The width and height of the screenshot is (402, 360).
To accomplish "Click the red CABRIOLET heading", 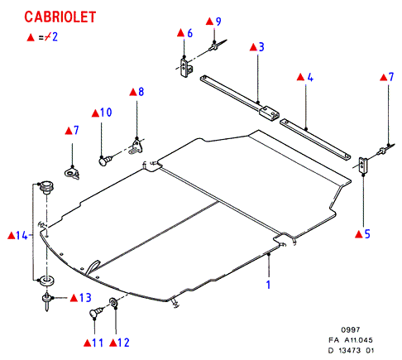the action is click(60, 17).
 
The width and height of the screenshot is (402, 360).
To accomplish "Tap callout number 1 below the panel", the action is click(268, 285).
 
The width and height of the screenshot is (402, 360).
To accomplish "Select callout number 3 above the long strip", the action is click(261, 47).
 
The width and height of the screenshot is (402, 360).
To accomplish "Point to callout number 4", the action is click(310, 77).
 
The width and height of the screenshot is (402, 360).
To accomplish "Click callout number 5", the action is click(367, 234).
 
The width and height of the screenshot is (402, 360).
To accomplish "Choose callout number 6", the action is click(189, 33).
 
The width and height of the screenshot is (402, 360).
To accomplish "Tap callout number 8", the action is click(141, 92).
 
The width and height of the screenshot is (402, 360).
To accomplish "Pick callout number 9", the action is click(218, 22).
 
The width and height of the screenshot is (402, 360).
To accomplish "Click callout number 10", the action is click(106, 113).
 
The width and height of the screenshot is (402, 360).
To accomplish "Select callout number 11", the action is click(98, 343).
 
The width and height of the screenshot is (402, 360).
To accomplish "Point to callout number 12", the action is click(123, 343).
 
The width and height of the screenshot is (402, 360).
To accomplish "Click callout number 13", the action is click(85, 297).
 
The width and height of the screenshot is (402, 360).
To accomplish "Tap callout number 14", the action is click(22, 236).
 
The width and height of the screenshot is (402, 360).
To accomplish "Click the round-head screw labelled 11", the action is click(96, 313).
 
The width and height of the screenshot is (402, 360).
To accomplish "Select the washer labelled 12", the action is click(114, 302).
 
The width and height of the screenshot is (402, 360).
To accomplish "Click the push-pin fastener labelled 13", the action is click(47, 301).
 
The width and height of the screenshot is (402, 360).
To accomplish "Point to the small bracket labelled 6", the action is click(186, 67).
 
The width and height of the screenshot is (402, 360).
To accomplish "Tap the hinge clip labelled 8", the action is click(136, 146).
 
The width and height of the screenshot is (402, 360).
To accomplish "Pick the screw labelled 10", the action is click(105, 161).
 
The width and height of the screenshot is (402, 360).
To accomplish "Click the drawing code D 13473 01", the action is click(351, 351).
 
